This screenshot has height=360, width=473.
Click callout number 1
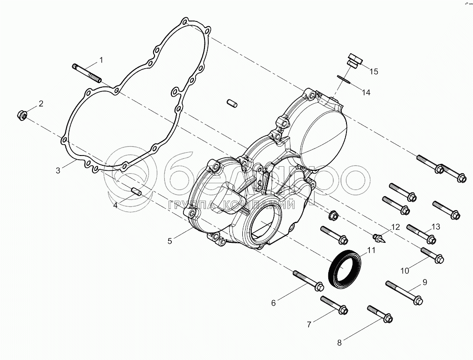pos(100,60)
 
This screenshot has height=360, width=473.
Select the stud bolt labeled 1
pos(87,73)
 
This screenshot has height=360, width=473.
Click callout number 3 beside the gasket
pos(58,171)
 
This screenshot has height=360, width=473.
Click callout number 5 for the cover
pos(170,241)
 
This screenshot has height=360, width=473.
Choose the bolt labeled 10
pos(432,255)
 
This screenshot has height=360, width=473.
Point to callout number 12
pos(395,227)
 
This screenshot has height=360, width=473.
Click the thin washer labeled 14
pos(345,79)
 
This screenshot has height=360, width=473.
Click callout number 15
pos(374,71)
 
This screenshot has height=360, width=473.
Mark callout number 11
pos(371,251)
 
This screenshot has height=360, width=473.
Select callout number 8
pos(339,343)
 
